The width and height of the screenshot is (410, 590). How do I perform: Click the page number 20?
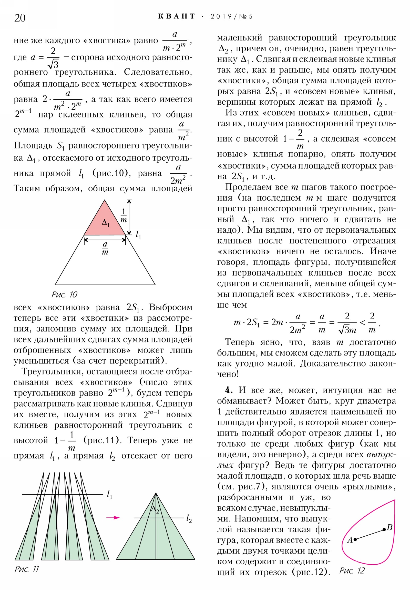[x=20, y=18]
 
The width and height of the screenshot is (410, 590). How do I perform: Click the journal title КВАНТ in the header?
[x=176, y=16]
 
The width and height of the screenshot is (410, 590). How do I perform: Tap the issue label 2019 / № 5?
[x=231, y=16]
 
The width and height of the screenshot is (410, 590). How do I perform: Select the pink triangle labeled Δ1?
[x=105, y=223]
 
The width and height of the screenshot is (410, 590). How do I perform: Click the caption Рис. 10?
[x=64, y=294]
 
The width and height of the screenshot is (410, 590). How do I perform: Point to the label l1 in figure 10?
[x=138, y=235]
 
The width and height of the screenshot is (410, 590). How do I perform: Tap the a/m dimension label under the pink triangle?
[x=105, y=248]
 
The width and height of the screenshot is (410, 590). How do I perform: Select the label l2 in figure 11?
[x=189, y=519]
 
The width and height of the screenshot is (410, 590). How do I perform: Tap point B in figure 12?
[x=384, y=529]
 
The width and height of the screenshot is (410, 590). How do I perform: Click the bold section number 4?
[x=229, y=390]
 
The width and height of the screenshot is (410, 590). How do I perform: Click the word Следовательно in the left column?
[x=158, y=72]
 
